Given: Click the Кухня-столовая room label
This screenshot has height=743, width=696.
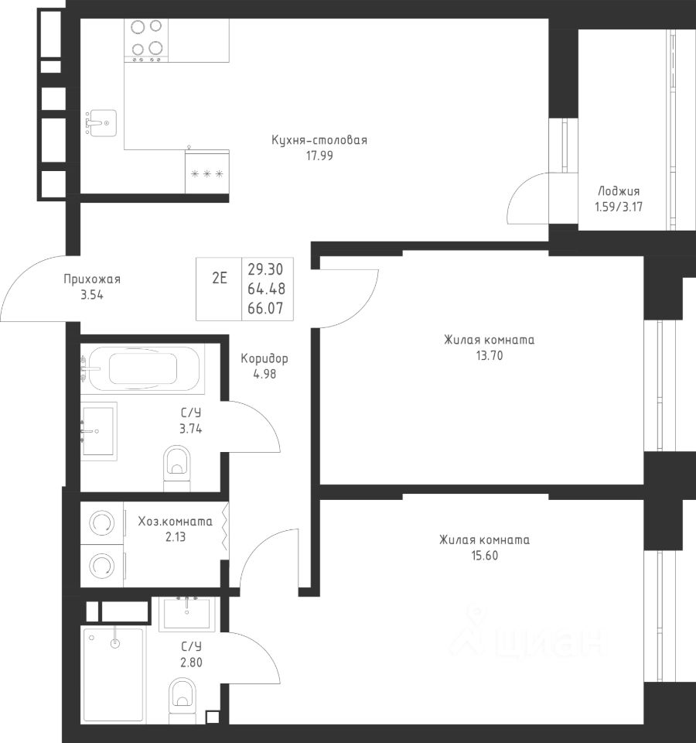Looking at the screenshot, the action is tap(319, 140).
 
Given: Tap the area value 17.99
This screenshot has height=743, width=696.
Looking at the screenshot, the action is tap(319, 156).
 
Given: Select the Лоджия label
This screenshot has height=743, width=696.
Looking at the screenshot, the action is tap(619, 191).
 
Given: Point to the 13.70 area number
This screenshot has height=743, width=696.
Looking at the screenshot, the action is tap(490, 355).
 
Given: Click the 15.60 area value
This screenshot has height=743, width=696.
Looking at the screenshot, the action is tap(485, 556).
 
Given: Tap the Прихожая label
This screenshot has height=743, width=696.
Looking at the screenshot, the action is tap(92, 279).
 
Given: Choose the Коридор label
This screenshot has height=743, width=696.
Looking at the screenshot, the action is tap(264, 358).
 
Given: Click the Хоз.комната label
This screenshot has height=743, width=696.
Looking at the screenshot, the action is tap(176, 522).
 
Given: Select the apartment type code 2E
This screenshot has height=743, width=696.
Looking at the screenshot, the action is tap(220, 278).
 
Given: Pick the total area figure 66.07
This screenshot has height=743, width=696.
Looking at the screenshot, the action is tap(265, 309).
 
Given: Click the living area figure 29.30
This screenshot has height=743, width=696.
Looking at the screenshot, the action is tap(265, 269).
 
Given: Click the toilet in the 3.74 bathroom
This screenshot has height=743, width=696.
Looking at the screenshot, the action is tap(176, 468).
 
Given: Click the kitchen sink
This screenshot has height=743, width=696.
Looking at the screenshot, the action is tap(101, 123).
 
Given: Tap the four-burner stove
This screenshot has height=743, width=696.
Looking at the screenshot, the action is tap(146, 40).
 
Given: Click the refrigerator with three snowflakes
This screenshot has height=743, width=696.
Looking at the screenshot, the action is tap(207, 172).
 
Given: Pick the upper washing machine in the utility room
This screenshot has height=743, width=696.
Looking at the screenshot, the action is tap(102, 523).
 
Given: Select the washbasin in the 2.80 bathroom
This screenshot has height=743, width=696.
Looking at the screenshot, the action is tap(187, 614).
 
